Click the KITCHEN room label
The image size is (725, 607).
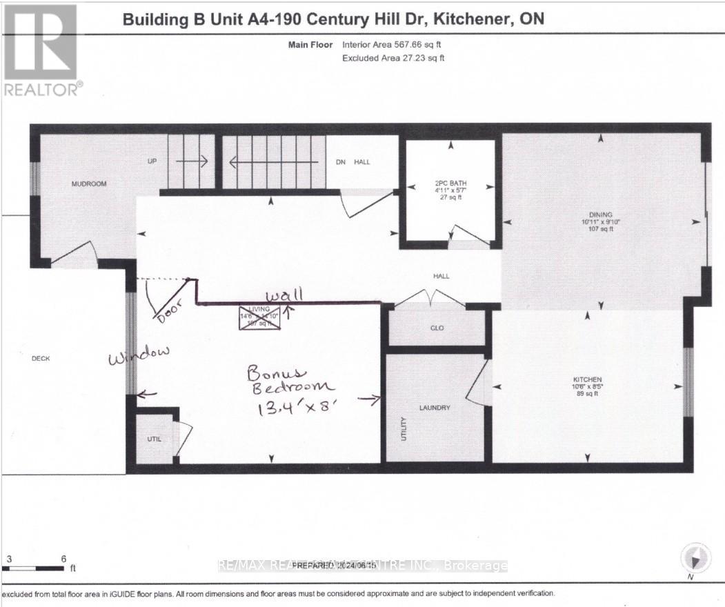point(588,380)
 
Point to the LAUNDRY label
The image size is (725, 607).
point(435,408)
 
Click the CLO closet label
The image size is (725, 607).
point(437,328)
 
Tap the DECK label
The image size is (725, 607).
point(41,358)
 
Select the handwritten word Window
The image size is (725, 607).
point(138,353)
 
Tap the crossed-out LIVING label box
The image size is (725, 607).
point(259,318)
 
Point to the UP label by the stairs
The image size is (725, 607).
point(152,161)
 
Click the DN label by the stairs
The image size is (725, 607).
point(339,162)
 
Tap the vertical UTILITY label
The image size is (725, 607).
point(404,428)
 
